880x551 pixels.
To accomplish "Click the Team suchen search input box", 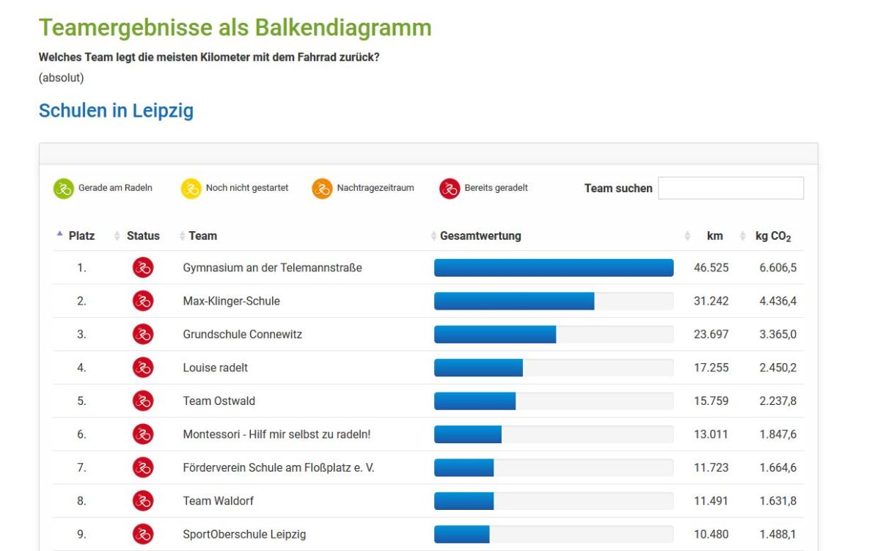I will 730,189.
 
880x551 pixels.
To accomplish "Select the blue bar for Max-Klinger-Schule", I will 514,301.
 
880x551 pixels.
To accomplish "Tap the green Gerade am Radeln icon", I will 64,189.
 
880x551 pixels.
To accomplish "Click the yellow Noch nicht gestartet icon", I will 191,189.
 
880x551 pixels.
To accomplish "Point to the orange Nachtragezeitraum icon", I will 322,189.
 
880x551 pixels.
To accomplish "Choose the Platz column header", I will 81,236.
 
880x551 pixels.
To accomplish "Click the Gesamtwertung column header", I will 480,236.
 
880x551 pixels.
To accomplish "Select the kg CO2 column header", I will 773,236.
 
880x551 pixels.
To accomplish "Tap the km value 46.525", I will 711,268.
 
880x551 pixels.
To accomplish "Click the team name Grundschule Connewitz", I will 242,335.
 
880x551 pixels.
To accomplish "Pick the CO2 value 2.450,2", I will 777,368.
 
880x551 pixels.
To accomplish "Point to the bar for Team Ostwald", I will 475,401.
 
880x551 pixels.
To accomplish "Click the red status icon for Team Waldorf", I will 143,501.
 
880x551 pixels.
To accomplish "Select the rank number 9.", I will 81,534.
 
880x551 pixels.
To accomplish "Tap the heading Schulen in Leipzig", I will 116,111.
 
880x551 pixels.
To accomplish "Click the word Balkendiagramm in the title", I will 343,28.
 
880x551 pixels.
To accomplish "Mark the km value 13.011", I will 711,434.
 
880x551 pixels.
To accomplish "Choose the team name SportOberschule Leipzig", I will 244,534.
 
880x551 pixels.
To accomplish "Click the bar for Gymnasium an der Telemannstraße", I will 554,268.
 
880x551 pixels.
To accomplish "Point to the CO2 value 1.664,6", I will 777,467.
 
